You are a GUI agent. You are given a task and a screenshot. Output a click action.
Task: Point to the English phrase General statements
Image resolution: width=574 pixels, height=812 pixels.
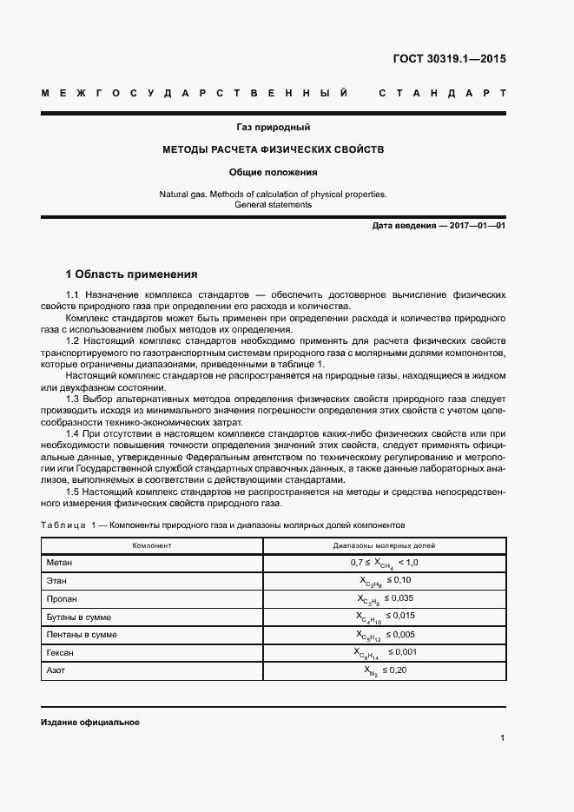tap(273, 205)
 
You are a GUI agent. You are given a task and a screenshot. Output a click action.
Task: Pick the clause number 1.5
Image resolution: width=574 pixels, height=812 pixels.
tap(73, 492)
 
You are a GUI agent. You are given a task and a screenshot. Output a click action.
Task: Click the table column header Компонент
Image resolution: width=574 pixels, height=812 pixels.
tap(151, 545)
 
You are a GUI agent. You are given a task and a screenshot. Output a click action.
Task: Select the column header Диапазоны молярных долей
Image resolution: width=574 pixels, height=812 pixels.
tap(384, 545)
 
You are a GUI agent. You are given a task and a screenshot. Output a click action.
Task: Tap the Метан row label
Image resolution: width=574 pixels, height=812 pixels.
tap(59, 563)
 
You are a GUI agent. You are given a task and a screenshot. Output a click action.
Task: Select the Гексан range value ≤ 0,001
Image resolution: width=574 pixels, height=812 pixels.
tap(401, 652)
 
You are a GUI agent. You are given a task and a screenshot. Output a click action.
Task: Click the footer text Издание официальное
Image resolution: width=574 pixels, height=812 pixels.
tap(89, 723)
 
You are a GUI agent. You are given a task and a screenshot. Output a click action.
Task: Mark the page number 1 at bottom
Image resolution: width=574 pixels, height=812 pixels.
tap(503, 738)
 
